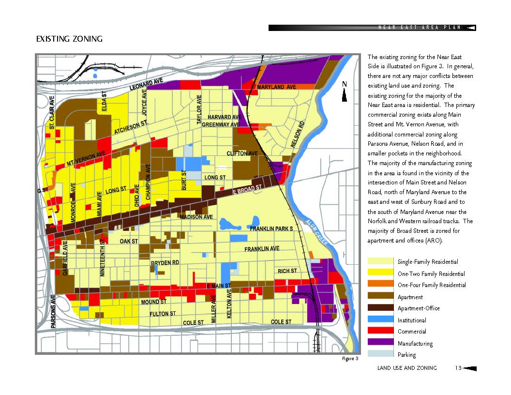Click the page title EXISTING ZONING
(69, 39)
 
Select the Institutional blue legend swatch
(380, 320)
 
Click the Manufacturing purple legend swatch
(380, 343)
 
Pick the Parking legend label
(406, 355)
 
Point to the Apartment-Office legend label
(419, 308)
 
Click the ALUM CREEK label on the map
(319, 232)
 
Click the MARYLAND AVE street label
(276, 87)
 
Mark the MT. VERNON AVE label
(86, 159)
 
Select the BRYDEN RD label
(165, 263)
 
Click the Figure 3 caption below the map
(350, 359)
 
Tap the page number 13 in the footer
(458, 368)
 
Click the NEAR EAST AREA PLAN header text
(419, 28)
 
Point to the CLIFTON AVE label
(242, 153)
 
